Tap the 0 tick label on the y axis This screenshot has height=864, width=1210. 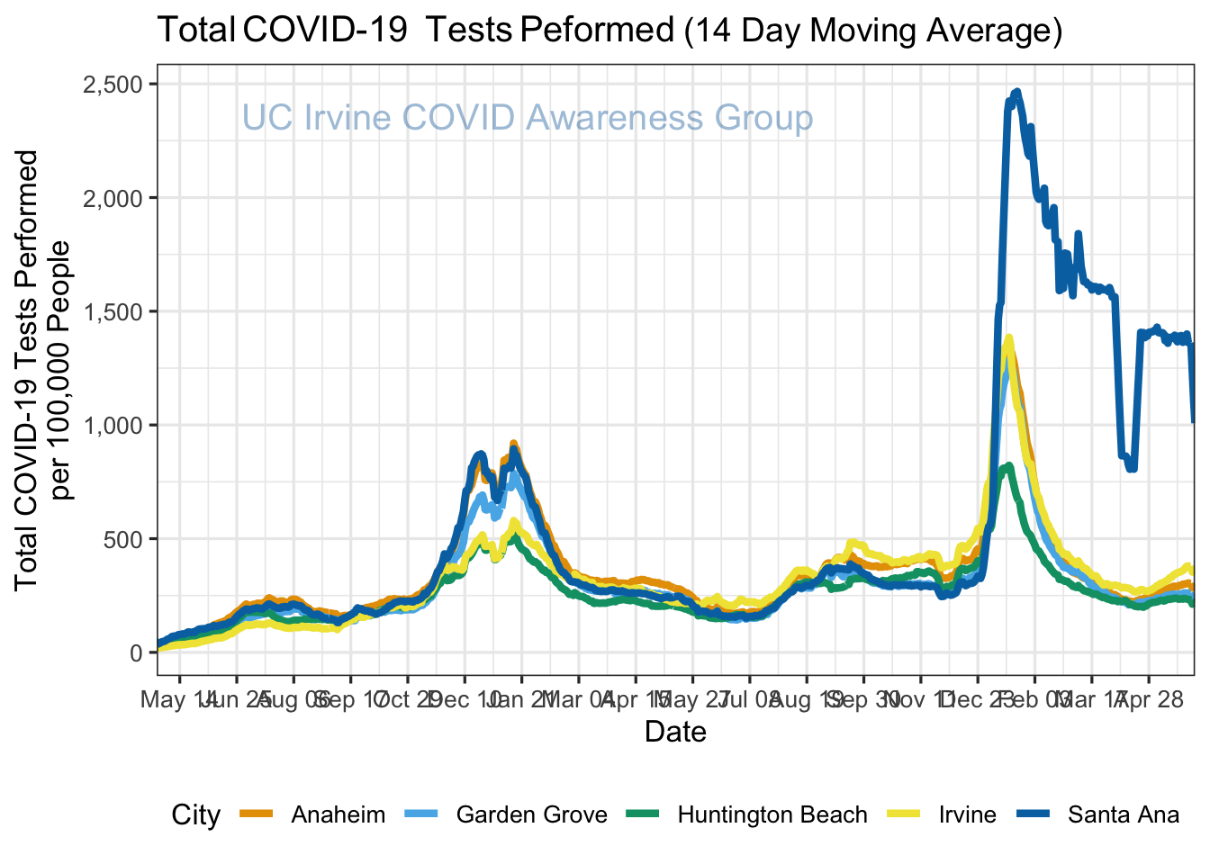[136, 653]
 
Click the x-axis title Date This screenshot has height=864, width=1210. [675, 732]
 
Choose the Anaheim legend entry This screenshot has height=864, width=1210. [338, 815]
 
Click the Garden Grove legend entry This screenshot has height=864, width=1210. [531, 815]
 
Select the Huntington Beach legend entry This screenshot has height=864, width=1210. [772, 815]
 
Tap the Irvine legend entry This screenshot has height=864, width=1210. [967, 815]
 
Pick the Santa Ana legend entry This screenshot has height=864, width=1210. [1123, 815]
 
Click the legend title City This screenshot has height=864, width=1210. [196, 815]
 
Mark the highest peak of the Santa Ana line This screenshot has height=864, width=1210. [1016, 92]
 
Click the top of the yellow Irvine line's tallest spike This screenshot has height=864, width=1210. [1008, 338]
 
